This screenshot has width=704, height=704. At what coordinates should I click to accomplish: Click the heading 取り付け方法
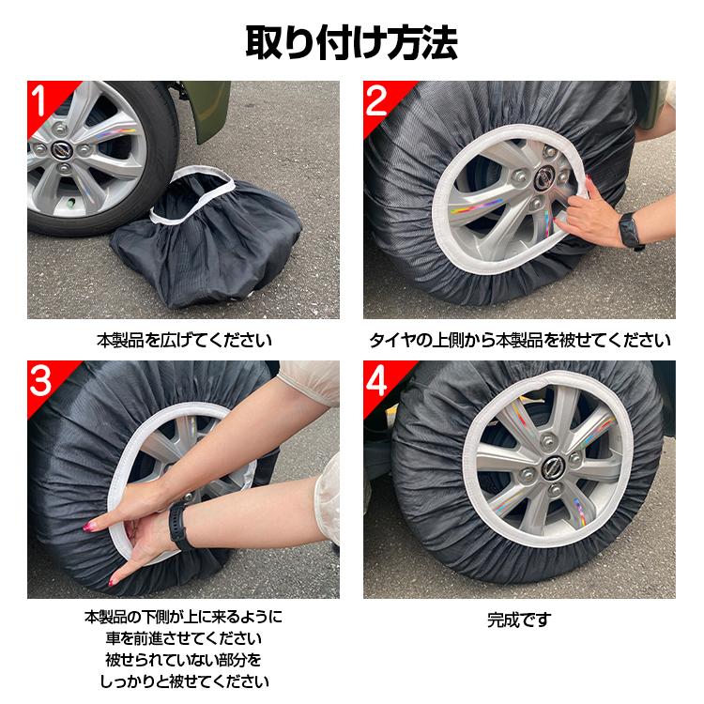352,42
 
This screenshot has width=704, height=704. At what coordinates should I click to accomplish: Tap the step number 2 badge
377,100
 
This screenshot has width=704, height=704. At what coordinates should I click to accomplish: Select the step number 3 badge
43,380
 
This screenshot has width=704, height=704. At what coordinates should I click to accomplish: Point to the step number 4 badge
378,380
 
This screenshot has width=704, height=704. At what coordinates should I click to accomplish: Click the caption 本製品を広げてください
184,339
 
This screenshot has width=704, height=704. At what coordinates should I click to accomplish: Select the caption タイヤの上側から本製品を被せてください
519,339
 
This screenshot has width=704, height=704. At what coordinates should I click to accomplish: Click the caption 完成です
519,620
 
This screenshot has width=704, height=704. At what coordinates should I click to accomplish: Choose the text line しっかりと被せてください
184,681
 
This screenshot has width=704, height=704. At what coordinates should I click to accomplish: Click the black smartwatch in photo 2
630,229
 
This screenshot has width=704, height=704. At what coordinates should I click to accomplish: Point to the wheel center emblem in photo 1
63,151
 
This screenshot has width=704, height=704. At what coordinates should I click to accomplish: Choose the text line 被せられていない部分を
184,660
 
